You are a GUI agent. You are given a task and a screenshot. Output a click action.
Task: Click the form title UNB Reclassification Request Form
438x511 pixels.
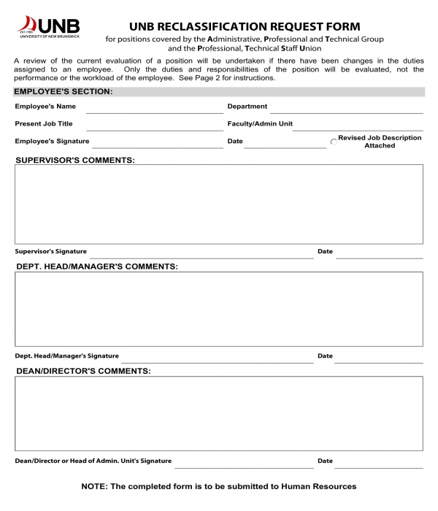[x=245, y=27]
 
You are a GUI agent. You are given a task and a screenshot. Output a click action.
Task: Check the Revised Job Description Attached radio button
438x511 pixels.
[x=334, y=142]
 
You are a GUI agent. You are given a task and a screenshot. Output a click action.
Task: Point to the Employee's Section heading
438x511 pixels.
[x=64, y=91]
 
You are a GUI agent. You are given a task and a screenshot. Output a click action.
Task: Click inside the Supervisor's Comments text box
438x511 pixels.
[x=219, y=204]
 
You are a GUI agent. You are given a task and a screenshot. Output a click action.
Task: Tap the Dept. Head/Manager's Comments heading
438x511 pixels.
[x=97, y=266]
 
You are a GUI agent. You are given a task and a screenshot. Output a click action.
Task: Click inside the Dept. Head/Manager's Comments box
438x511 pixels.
[x=219, y=309]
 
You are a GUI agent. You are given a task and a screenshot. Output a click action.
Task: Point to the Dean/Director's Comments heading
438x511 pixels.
[x=83, y=371]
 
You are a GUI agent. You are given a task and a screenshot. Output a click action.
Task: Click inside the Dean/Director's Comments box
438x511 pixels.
[x=219, y=413]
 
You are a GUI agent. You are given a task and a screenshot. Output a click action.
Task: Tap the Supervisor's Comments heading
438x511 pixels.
[x=75, y=160]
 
